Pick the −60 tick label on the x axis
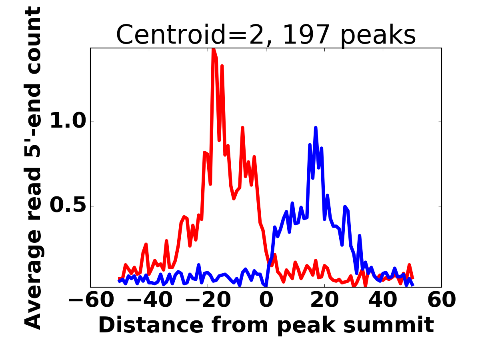click(90, 300)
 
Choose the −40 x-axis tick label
click(149, 300)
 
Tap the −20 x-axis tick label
click(207, 300)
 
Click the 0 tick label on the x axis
click(266, 300)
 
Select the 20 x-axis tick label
click(324, 300)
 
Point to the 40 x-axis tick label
click(383, 300)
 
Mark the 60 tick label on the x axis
click(441, 300)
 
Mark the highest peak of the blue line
click(316, 128)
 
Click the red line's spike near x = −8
click(242, 128)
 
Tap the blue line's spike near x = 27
click(345, 207)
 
